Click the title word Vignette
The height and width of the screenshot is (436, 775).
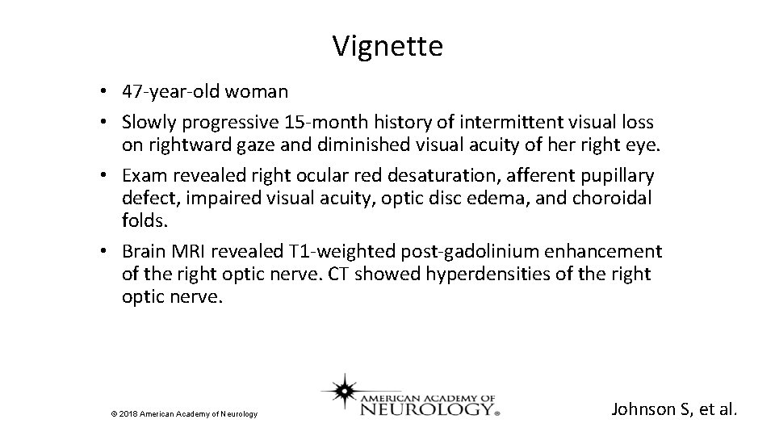point(387,46)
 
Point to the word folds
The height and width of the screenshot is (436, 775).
point(143,220)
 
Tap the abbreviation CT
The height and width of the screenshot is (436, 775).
point(338,274)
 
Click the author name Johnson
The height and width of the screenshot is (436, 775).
point(643,409)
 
